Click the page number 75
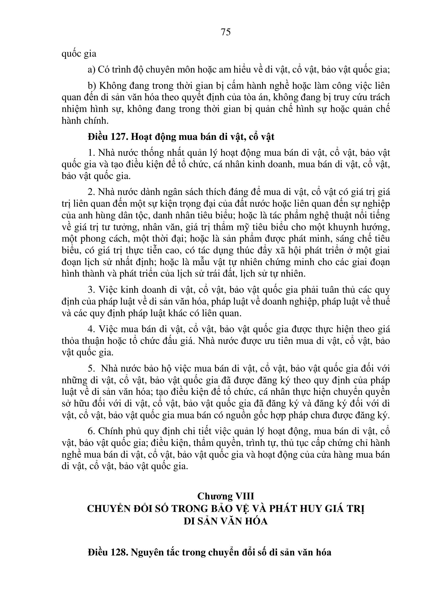tap(226, 32)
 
